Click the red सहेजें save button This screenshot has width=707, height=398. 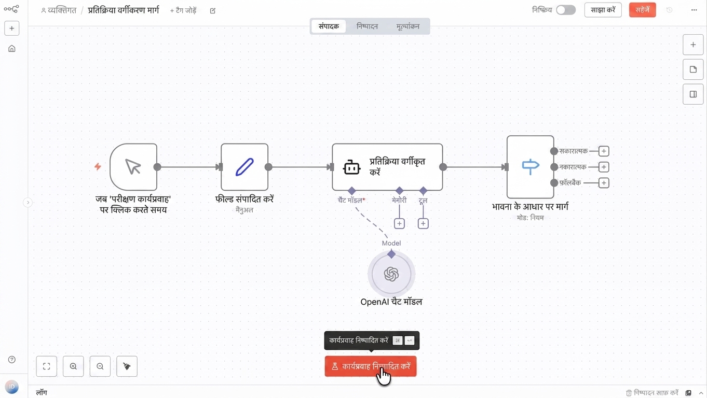point(642,10)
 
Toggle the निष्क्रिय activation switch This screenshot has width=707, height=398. point(566,10)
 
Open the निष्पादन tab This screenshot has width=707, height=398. point(367,26)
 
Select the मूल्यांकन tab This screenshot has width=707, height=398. point(408,26)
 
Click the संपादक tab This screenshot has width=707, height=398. point(329,26)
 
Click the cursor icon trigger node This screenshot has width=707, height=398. point(133,167)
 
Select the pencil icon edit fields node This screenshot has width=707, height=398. point(244,167)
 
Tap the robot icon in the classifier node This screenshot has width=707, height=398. point(351,167)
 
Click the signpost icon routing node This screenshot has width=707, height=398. point(531,167)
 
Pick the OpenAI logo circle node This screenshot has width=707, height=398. point(391,274)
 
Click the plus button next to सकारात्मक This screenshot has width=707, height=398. point(604,151)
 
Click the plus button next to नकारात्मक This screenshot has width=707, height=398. point(604,167)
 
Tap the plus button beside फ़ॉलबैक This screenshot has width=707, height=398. point(604,183)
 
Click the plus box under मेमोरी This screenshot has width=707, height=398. point(399,224)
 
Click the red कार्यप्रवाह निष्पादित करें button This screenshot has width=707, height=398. point(371,366)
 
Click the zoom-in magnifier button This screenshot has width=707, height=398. point(73,366)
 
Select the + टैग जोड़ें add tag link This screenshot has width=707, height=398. point(183,11)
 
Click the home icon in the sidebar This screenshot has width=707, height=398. point(11,49)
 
